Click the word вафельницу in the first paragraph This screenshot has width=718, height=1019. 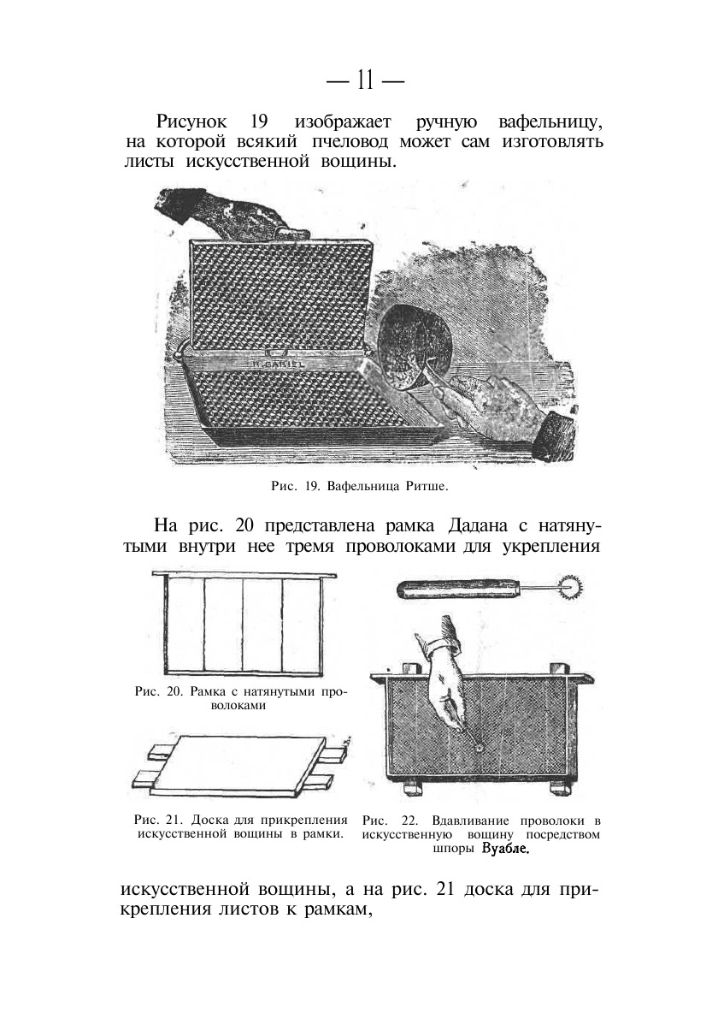550,121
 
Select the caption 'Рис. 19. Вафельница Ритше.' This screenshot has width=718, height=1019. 359,487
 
